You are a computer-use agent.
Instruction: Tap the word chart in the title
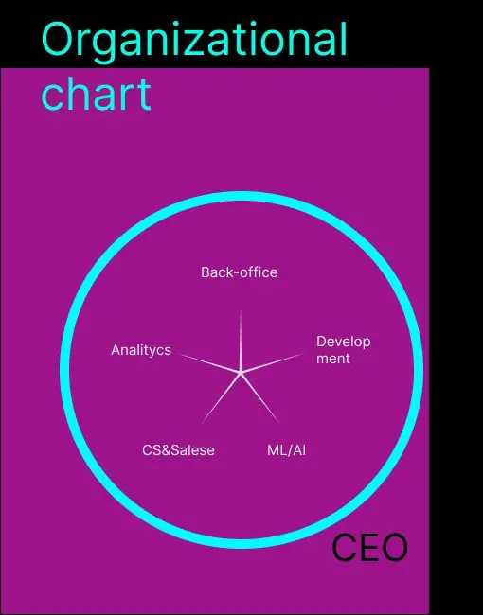tap(97, 94)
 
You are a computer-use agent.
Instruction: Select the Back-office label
tap(240, 272)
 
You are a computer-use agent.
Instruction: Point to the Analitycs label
tap(141, 350)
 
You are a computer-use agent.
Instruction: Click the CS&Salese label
tap(178, 450)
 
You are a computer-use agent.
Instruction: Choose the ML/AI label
tap(286, 450)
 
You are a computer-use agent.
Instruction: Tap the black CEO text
tap(370, 548)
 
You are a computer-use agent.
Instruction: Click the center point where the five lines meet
tap(241, 372)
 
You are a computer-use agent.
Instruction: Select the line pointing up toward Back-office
tap(241, 342)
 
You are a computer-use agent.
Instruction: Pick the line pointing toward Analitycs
tap(209, 362)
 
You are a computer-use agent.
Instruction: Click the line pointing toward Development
tap(272, 362)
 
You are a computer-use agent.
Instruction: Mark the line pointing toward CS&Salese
tap(221, 397)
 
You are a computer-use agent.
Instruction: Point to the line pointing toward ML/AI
tap(259, 397)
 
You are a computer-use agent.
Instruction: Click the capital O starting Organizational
tap(58, 39)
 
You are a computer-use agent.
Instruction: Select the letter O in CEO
tap(395, 548)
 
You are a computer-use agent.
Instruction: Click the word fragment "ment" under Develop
tap(333, 359)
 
